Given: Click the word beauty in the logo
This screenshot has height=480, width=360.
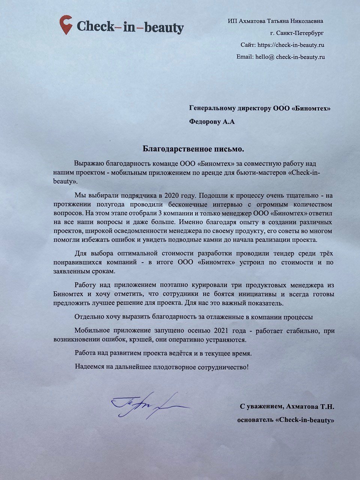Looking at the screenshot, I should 164,27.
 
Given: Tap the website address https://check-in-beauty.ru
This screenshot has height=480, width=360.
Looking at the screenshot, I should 290,45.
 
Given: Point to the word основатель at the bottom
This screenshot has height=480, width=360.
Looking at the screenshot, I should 255,420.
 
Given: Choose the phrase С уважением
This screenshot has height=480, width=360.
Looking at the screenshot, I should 261,406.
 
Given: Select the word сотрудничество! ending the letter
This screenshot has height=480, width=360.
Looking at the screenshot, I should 225,366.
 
